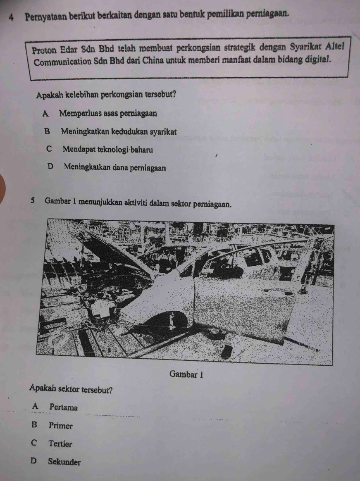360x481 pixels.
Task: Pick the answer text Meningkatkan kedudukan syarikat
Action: coord(119,132)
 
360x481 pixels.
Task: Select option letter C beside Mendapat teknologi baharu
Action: coord(49,149)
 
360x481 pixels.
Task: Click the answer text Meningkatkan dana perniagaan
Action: coord(115,168)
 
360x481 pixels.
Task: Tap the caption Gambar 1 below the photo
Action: coord(186,374)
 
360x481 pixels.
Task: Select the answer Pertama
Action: coord(63,407)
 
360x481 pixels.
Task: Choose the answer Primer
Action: coord(60,426)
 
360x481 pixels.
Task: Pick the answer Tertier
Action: coord(60,444)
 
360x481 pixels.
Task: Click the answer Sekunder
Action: coord(64,462)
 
